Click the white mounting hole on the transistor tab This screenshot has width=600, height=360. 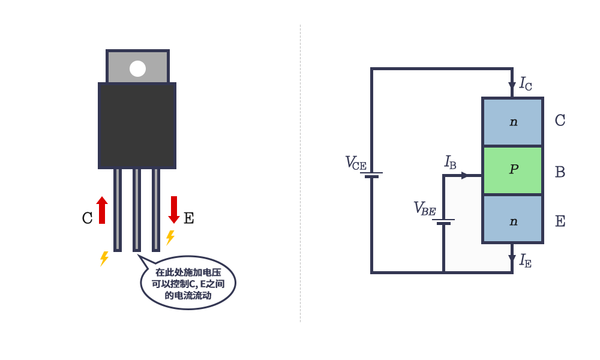click(x=137, y=68)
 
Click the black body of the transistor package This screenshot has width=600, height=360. click(x=137, y=125)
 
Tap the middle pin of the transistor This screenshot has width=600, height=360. click(x=137, y=209)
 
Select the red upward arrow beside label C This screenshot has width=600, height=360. click(x=102, y=210)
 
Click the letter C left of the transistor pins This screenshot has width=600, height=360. click(x=87, y=218)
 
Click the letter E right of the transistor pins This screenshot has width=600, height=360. click(x=188, y=218)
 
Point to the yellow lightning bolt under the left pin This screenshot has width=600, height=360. click(x=104, y=259)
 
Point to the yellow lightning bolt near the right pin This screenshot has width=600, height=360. click(x=170, y=238)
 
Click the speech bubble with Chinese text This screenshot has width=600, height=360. click(x=188, y=283)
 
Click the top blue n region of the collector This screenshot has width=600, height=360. click(x=512, y=122)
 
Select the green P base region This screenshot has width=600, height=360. click(x=512, y=170)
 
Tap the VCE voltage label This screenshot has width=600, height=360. click(x=355, y=163)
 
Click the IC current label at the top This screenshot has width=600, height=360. click(x=526, y=83)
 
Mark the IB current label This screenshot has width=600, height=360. click(x=450, y=162)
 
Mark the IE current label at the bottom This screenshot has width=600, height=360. click(x=526, y=260)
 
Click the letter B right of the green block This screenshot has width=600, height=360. click(x=560, y=173)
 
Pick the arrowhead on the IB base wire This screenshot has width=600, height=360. click(x=465, y=176)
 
